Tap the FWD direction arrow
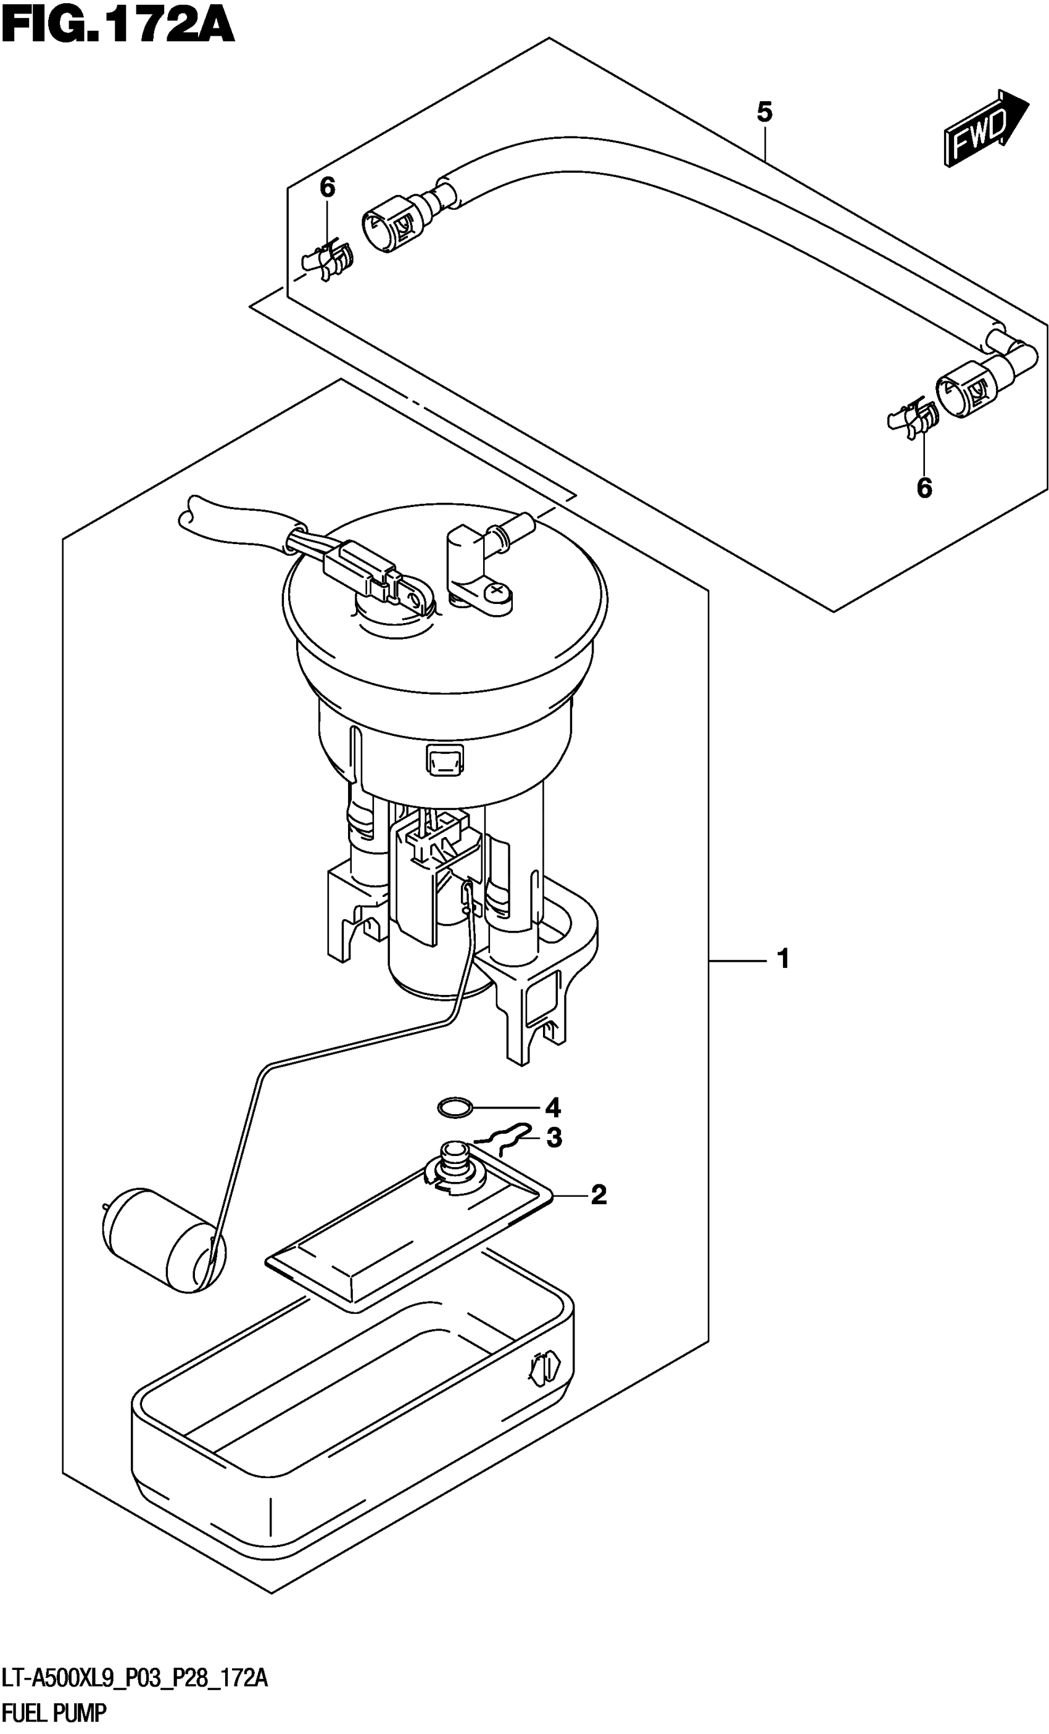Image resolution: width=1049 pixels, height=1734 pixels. (985, 128)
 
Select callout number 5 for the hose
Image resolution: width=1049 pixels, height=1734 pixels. (765, 111)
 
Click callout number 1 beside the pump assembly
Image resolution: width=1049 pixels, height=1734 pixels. (783, 959)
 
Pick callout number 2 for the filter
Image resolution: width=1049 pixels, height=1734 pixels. (599, 1194)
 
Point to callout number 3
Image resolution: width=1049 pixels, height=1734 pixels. (554, 1138)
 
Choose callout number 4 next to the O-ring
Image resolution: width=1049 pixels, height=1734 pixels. (553, 1108)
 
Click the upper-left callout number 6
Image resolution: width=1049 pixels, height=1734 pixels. (328, 187)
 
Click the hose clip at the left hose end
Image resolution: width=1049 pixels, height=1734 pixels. (328, 260)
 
